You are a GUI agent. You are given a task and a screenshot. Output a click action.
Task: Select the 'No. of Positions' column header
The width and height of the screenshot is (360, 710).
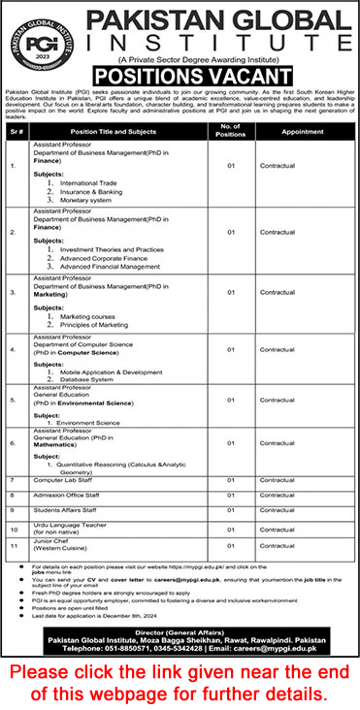232,131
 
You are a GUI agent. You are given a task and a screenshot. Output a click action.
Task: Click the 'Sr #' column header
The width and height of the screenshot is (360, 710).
14,131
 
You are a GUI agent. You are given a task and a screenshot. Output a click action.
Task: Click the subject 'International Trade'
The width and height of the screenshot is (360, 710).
114,182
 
